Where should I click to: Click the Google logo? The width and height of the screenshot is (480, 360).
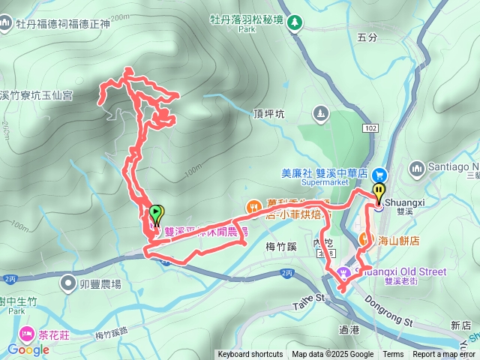(x=28, y=349)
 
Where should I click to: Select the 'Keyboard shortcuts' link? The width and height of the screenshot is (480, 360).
(x=250, y=355)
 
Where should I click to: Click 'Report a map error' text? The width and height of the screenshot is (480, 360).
(x=445, y=355)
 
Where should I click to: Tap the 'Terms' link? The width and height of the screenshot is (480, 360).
(x=393, y=355)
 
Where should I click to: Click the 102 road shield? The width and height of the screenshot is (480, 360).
(x=371, y=127)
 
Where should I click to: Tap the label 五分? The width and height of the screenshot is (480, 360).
(x=367, y=37)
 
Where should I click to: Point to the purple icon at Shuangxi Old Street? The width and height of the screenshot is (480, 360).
(x=344, y=272)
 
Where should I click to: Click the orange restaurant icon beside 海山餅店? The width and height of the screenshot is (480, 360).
(x=364, y=239)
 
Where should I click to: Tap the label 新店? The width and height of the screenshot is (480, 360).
(x=461, y=325)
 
